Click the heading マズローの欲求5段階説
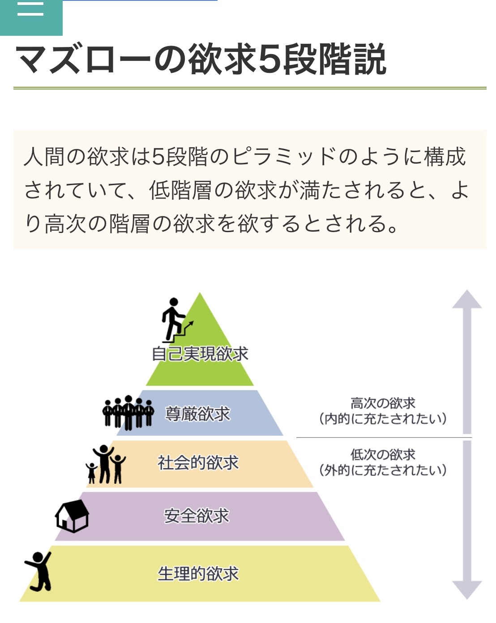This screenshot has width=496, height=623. [x=201, y=59]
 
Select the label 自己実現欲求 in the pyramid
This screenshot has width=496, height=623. [x=200, y=354]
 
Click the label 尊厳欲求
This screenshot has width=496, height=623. [x=197, y=414]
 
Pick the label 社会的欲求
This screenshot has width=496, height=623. [x=198, y=463]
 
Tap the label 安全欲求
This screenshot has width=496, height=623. [x=197, y=516]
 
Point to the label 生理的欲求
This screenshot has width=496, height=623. [x=198, y=573]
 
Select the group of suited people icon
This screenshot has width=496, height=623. [x=128, y=412]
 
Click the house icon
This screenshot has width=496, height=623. [x=72, y=516]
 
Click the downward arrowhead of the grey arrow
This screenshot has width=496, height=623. [x=467, y=589]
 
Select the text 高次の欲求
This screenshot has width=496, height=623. [x=383, y=403]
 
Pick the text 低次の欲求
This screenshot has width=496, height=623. [x=383, y=455]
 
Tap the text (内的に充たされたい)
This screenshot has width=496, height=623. [x=383, y=419]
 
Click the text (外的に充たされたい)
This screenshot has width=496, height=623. [x=383, y=470]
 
